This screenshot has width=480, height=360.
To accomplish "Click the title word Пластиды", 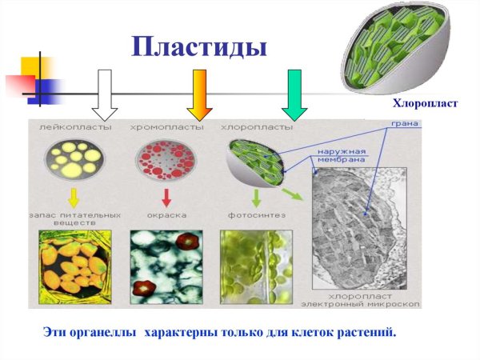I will click(x=198, y=46).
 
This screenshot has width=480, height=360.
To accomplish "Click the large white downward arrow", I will click(x=104, y=93).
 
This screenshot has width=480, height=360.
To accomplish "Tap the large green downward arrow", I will click(x=294, y=93).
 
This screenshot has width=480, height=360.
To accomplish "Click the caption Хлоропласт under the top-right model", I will click(x=424, y=104).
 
